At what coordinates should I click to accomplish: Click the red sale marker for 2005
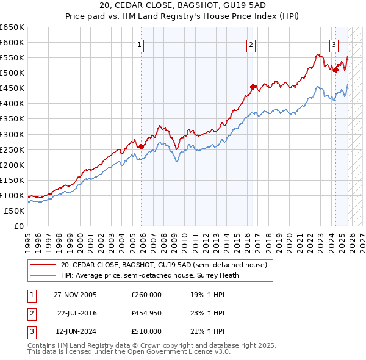[141, 146]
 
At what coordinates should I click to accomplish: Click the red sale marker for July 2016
[253, 87]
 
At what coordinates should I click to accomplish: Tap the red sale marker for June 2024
[335, 70]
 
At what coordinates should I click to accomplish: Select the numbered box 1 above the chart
[140, 44]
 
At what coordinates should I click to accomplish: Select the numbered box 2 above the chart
[251, 44]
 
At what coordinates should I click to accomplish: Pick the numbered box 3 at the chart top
[334, 44]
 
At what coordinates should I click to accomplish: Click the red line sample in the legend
[43, 265]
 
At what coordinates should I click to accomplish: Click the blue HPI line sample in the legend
[43, 275]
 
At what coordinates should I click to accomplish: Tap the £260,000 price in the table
[146, 295]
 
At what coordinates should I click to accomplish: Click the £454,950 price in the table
[146, 313]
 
